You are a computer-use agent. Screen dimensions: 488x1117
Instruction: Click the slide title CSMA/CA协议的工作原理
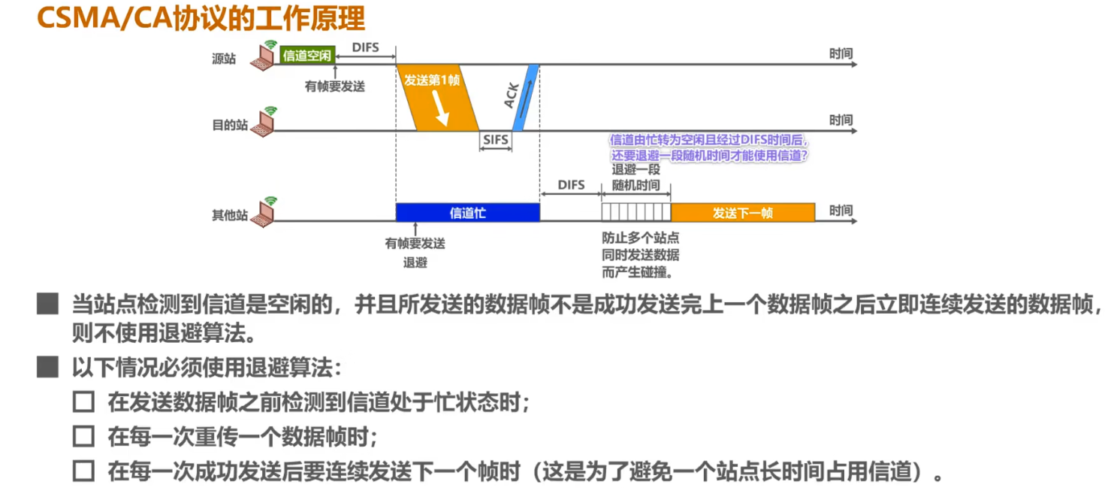(x=201, y=18)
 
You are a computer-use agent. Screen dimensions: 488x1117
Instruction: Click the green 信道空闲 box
(x=306, y=56)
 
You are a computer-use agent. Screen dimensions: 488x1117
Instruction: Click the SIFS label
(x=496, y=141)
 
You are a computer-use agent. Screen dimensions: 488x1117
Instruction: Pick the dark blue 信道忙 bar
(x=467, y=213)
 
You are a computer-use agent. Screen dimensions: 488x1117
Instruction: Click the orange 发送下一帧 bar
(x=742, y=213)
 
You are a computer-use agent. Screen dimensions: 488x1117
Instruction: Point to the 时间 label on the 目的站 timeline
(x=841, y=120)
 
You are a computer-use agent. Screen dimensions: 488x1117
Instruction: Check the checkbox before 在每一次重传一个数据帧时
(x=83, y=436)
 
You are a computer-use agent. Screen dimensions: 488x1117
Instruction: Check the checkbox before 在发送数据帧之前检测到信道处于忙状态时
(x=83, y=402)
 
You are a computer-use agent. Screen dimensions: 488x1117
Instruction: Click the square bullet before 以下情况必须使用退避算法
(x=48, y=368)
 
